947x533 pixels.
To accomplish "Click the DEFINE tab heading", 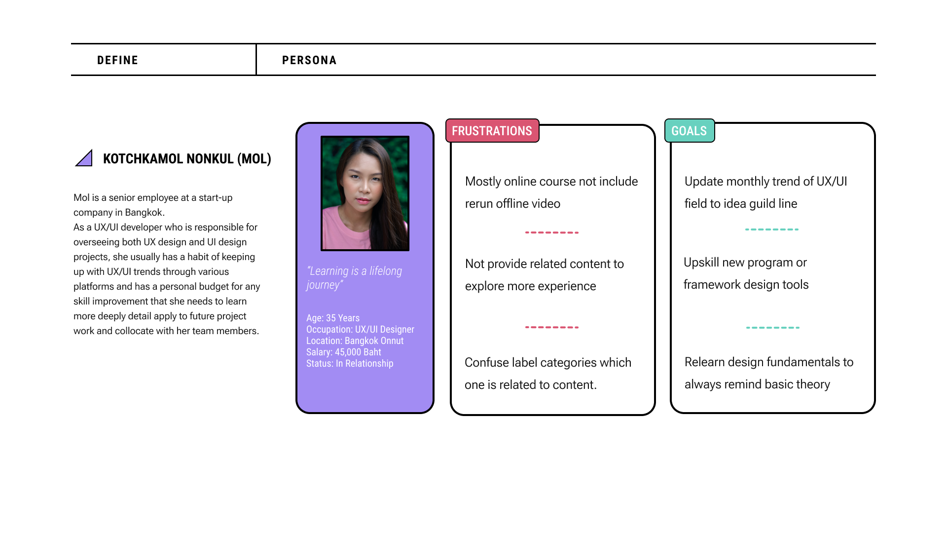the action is tap(117, 60).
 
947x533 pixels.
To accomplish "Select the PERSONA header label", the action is tap(309, 60).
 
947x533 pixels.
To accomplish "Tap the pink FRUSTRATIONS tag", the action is tap(492, 131).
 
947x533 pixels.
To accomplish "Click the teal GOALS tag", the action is tap(689, 131).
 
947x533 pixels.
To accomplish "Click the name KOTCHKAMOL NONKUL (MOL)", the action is tap(187, 159).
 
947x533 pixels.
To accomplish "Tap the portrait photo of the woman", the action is tap(365, 193).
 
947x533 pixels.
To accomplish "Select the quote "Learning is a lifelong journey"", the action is tap(354, 278).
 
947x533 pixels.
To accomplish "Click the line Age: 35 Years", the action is tap(333, 318).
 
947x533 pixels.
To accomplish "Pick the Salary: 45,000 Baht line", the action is tap(344, 352).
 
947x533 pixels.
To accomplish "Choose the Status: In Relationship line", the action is tap(350, 364).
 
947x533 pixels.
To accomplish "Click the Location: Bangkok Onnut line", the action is tap(355, 341).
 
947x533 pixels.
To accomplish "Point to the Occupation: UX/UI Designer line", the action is tap(360, 330).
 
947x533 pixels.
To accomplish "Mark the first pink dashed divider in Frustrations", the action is tap(552, 232).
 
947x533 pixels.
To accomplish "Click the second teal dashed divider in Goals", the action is tap(773, 328).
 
